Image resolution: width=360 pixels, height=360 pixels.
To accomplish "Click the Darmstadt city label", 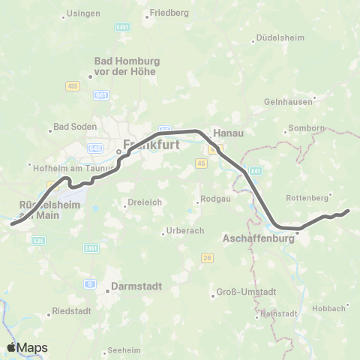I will (x=132, y=285).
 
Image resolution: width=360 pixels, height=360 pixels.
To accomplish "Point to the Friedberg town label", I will (x=169, y=13).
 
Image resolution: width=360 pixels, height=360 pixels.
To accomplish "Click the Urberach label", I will (x=184, y=230).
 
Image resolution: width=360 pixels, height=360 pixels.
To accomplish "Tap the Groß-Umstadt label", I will (x=246, y=292).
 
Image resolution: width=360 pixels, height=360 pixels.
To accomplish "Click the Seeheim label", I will (x=124, y=349).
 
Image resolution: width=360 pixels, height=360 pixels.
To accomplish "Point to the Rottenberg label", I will (x=307, y=197).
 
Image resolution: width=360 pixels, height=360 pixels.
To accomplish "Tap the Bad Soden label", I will (x=74, y=127).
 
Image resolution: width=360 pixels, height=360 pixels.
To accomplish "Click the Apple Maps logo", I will (x=27, y=347).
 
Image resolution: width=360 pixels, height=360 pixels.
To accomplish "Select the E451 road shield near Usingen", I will (x=123, y=27).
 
